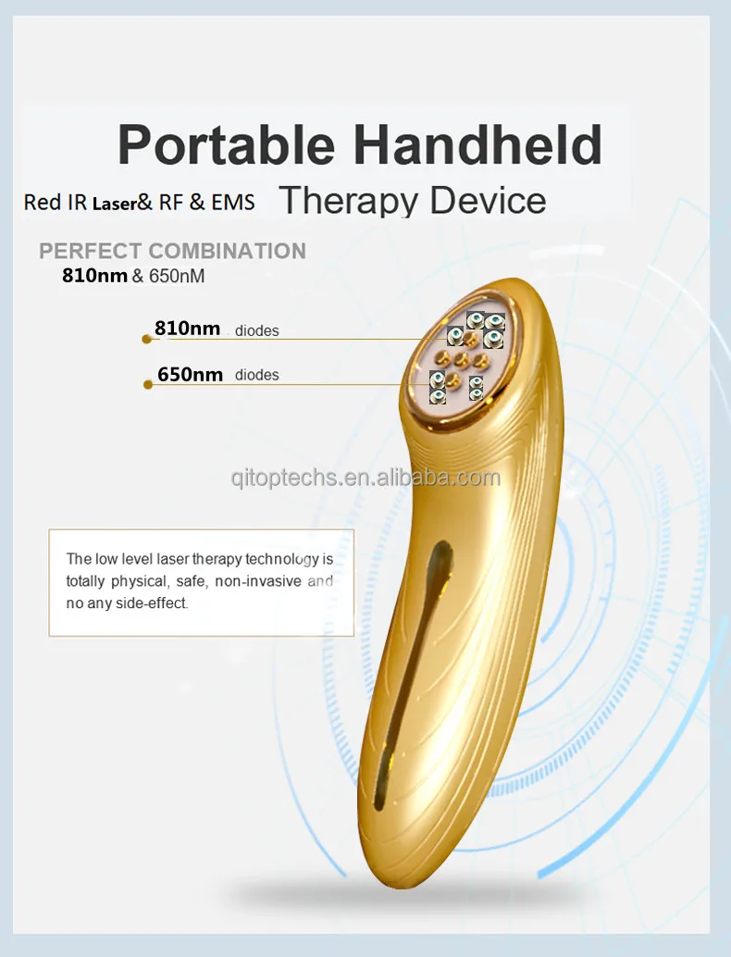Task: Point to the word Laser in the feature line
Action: point(114,202)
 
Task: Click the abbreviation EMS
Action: point(232,202)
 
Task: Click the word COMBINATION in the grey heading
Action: point(227,251)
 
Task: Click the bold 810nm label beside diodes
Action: point(187,329)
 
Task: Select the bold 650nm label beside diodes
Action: point(190,374)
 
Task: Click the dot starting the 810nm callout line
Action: point(146,339)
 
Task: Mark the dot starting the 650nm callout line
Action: point(148,384)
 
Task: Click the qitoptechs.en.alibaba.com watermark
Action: point(365,478)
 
